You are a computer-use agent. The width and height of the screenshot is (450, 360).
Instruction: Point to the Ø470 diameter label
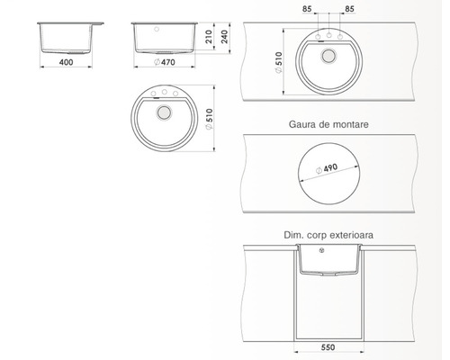(165, 64)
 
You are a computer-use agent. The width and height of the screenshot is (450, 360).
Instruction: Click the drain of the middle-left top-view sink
(164, 112)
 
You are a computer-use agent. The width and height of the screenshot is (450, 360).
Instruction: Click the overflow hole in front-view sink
(157, 27)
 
